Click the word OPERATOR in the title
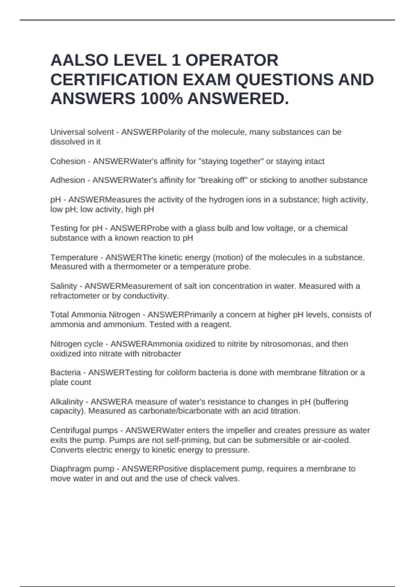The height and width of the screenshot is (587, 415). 232,60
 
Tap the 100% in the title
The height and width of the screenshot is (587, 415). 162,99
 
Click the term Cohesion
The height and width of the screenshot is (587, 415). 68,161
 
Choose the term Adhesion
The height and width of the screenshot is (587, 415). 67,180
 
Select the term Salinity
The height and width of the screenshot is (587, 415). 64,286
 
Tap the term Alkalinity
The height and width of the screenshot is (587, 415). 67,402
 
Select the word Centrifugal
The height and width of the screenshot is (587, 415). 70,431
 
